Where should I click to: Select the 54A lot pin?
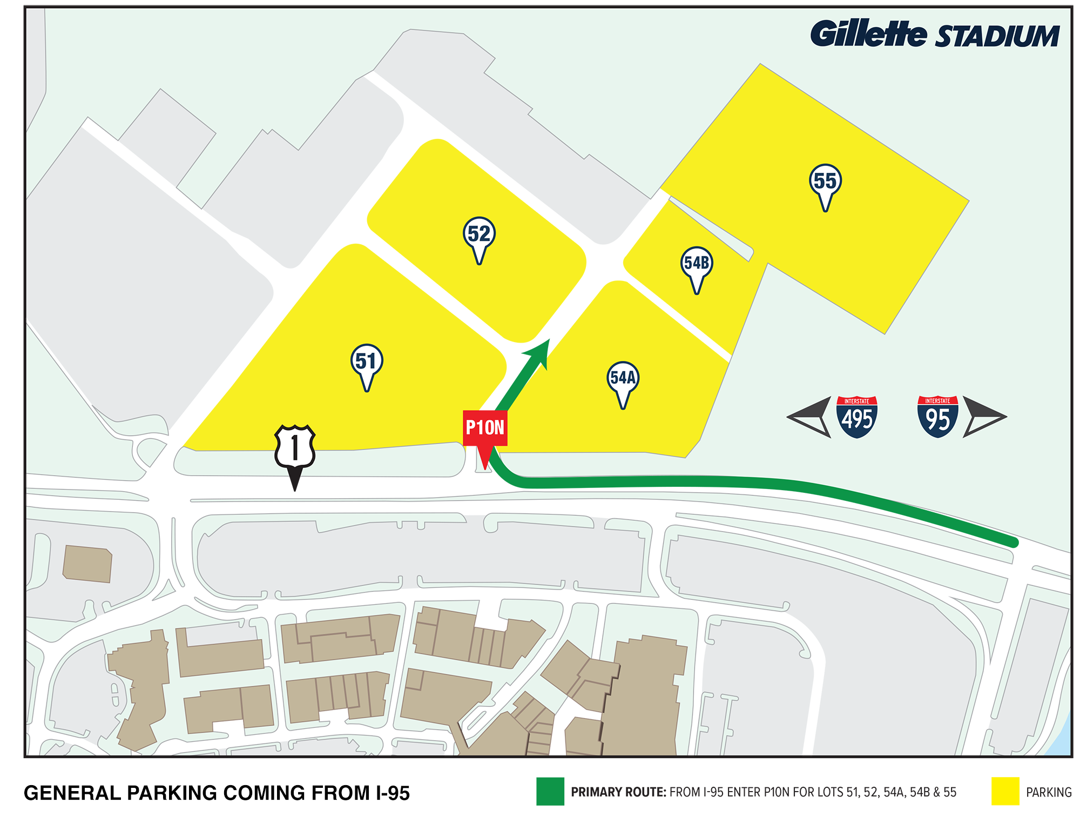click(623, 378)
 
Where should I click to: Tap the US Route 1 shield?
click(295, 447)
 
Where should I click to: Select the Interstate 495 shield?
click(857, 417)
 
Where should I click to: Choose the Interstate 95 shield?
click(937, 417)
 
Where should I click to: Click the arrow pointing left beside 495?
click(810, 417)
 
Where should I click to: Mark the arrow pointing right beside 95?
click(983, 417)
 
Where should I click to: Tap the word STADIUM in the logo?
click(997, 37)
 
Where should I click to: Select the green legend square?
click(550, 792)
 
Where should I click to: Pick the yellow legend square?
click(1005, 792)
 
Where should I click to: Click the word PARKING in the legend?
click(1049, 793)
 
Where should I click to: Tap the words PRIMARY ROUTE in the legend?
click(618, 793)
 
